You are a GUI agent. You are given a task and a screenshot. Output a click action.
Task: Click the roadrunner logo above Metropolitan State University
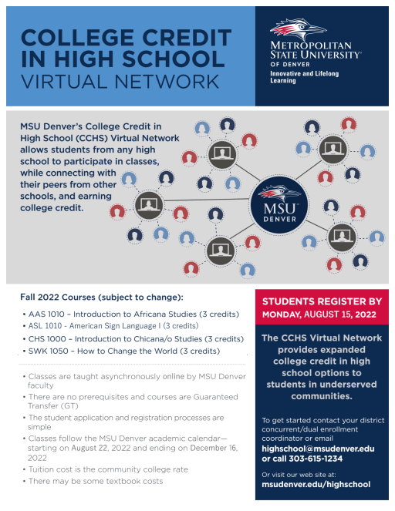coord(298,29)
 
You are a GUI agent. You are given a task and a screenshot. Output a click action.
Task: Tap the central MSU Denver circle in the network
coord(279,205)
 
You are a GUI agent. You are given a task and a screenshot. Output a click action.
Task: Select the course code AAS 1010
coord(46,314)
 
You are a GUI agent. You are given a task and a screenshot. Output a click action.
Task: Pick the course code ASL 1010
coord(45,326)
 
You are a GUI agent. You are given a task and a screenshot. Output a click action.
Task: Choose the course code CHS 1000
coord(47,339)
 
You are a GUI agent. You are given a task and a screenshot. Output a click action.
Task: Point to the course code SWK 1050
coord(49,351)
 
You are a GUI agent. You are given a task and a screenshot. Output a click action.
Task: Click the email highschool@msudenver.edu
coord(318,449)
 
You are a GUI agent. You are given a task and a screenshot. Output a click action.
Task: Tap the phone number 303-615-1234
coord(316,459)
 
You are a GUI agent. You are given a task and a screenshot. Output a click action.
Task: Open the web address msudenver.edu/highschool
coord(316,484)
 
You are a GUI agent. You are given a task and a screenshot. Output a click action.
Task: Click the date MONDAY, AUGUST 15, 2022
coord(319,314)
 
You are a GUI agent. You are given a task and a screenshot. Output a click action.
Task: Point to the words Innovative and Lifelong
coord(304,74)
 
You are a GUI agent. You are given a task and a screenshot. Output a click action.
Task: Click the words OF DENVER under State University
coord(290,65)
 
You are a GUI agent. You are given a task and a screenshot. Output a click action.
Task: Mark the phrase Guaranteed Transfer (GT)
coord(133,402)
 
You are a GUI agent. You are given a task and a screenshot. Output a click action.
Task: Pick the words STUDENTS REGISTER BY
coord(322,301)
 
